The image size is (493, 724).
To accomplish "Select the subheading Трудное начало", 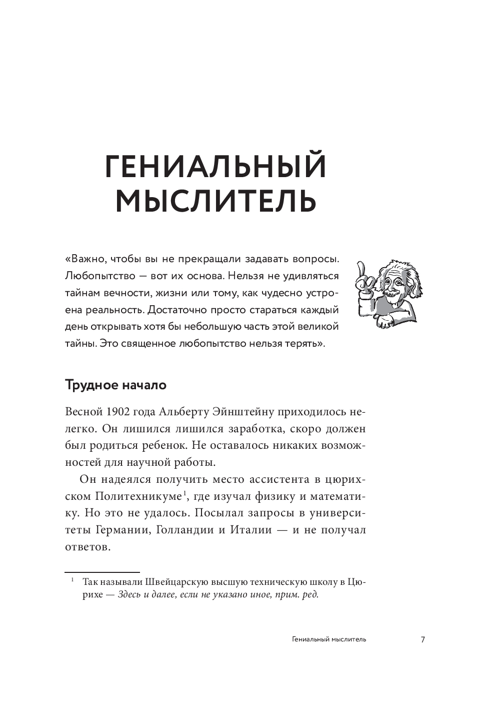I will click(x=115, y=385).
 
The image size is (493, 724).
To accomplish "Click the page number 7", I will click(x=423, y=639).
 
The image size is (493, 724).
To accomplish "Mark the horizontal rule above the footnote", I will click(x=102, y=571).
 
